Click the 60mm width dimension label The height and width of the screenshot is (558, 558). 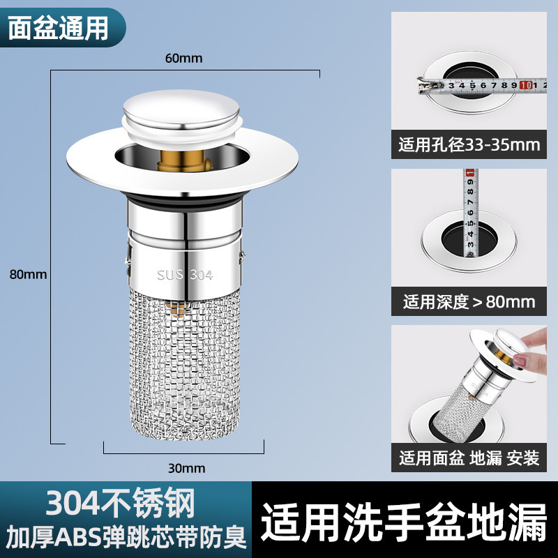click(x=183, y=59)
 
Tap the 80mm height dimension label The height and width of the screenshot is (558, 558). click(x=28, y=274)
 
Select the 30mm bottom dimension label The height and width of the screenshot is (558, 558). click(x=186, y=468)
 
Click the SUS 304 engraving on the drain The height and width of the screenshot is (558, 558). click(x=185, y=275)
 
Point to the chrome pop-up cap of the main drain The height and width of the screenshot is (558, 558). click(x=181, y=110)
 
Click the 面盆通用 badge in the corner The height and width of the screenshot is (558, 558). click(x=58, y=28)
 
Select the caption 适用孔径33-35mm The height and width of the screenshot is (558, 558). click(x=469, y=144)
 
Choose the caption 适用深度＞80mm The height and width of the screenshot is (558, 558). click(x=469, y=302)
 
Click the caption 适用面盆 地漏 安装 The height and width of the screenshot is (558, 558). click(x=469, y=458)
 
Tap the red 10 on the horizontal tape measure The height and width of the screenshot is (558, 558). click(x=525, y=85)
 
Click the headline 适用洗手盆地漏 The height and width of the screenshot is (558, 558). click(x=404, y=522)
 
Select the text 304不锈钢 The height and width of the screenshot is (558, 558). click(x=120, y=502)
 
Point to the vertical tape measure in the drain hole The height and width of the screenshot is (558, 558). click(x=470, y=213)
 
